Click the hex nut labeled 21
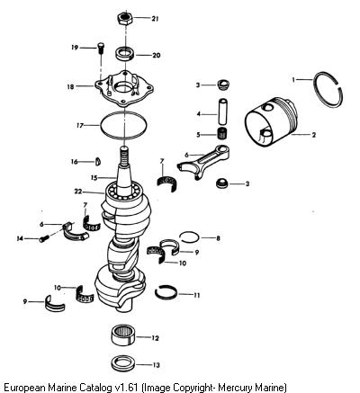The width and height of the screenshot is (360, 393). coord(125,19)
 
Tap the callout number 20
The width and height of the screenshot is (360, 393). coord(156,55)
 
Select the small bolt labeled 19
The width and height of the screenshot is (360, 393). coord(100,49)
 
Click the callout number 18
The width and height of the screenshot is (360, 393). coord(70,87)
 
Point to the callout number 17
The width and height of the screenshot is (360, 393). coord(80,126)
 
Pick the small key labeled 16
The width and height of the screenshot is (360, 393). coord(98,161)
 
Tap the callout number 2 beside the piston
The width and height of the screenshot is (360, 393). coord(314,135)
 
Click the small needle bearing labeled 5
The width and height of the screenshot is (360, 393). coord(222,133)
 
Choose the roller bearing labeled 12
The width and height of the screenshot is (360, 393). coord(123,335)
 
